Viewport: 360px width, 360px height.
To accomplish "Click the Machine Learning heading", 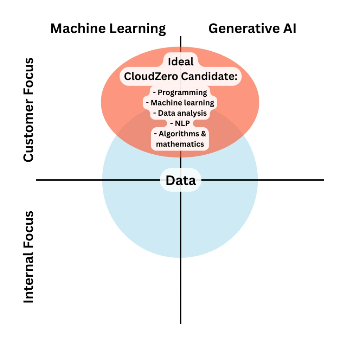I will click(x=108, y=29).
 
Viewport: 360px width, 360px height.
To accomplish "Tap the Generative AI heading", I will click(x=252, y=28).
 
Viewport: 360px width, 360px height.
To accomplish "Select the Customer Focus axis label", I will click(x=28, y=110).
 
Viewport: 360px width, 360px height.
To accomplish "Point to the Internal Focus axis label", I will click(x=28, y=257).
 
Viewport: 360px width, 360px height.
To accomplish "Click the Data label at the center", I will click(x=181, y=180).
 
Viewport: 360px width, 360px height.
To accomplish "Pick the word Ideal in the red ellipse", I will click(x=181, y=62).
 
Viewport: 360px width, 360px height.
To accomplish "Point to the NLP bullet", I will click(x=180, y=123).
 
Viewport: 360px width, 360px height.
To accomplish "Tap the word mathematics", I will click(x=180, y=144).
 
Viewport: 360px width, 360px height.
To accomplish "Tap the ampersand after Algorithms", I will click(x=203, y=134).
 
